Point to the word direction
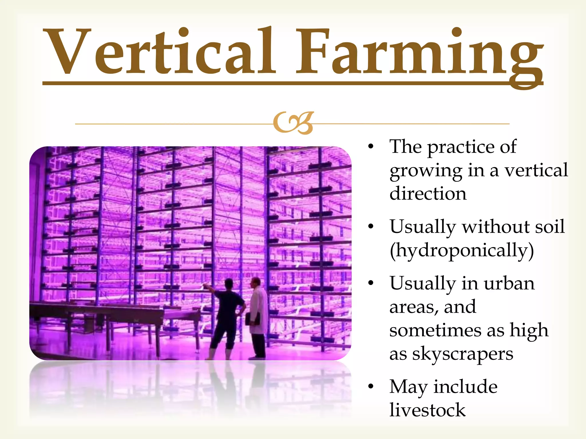point(428,194)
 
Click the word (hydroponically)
point(462,251)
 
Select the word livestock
point(427,410)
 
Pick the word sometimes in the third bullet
point(435,331)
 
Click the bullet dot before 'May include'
point(371,387)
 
